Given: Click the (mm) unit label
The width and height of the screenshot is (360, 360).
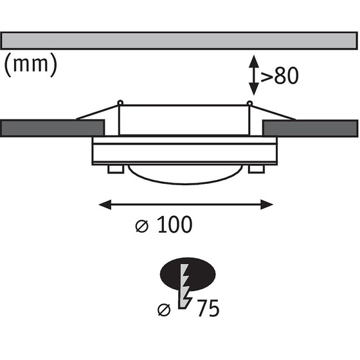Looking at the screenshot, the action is tap(31, 65).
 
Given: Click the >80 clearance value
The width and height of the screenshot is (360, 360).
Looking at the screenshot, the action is tap(280, 76).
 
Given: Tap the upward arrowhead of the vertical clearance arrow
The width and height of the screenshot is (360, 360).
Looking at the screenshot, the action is tap(254, 61).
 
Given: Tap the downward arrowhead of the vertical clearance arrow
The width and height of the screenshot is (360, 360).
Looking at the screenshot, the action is tap(254, 89).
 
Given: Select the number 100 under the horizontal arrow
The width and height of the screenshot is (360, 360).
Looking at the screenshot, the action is tap(175, 224).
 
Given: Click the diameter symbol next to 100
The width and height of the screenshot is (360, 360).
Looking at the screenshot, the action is tap(142, 226).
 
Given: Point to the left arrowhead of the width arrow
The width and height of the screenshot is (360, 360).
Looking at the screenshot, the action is tap(105, 204).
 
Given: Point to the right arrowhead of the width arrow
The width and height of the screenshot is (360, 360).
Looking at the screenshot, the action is tap(267, 204).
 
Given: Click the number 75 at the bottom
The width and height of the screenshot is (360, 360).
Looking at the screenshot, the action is tap(208, 308).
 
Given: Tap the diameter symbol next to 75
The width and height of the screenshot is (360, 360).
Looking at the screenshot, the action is tap(164, 310).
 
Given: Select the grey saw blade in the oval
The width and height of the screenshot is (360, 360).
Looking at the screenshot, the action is tap(185, 286).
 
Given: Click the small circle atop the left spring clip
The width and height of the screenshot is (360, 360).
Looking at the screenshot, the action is tap(120, 103).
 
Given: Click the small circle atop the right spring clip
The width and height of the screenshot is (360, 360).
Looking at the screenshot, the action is tap(249, 103).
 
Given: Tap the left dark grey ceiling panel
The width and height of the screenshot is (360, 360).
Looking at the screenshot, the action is tap(53, 128).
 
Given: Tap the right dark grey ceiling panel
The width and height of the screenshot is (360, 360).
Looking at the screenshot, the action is tap(310, 129).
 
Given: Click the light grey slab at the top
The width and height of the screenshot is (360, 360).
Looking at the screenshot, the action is tap(179, 41).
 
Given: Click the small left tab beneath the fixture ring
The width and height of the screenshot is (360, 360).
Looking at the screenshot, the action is tap(116, 169).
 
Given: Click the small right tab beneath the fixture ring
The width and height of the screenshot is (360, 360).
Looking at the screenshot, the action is tap(256, 169).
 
